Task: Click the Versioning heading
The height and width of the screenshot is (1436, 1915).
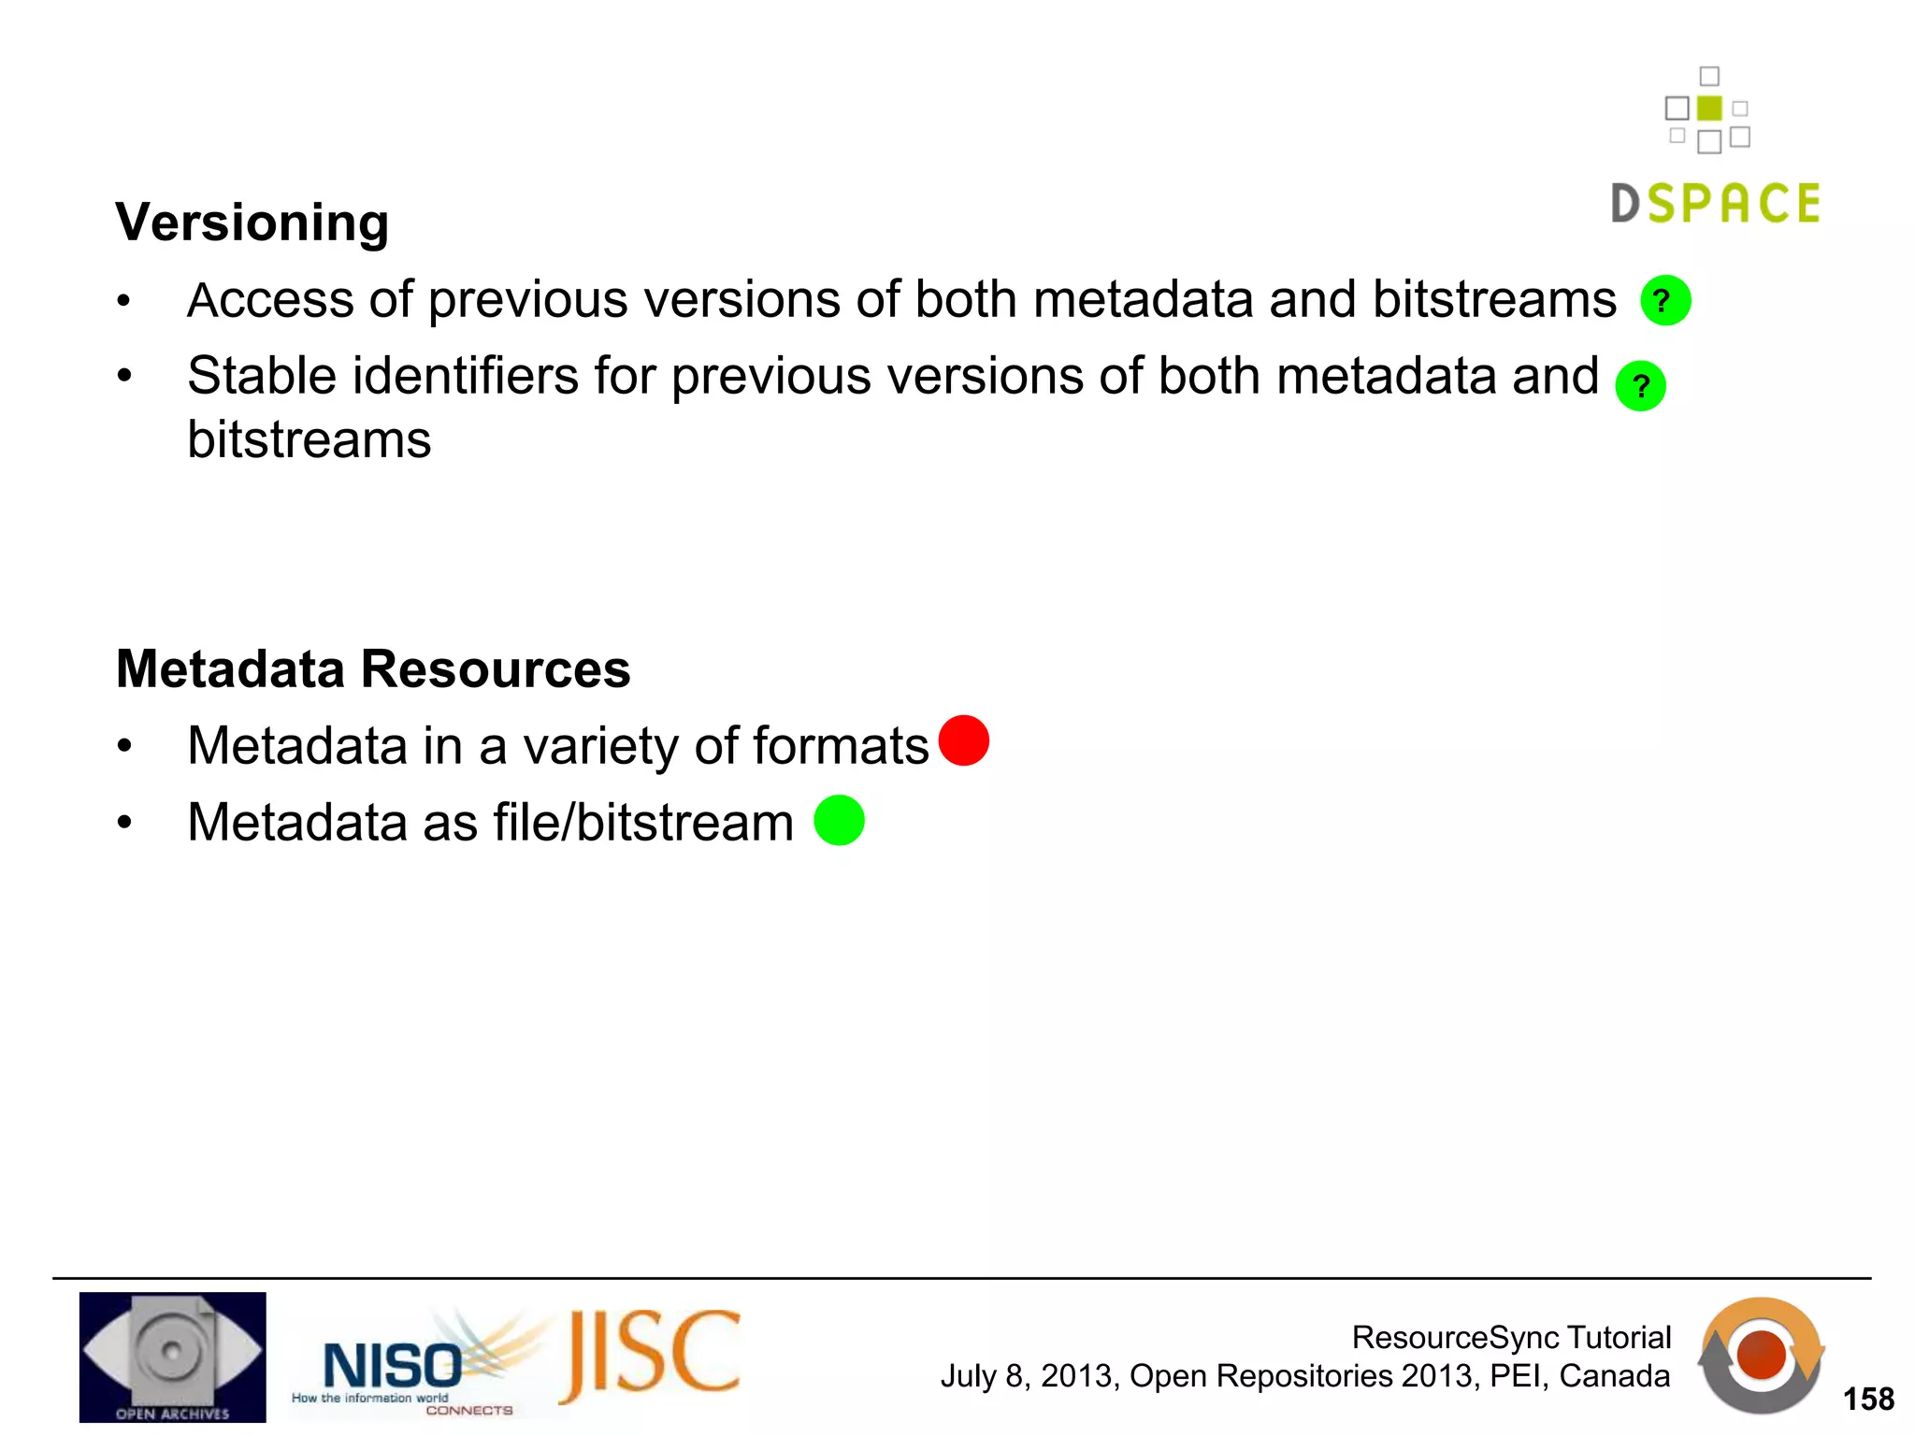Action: point(252,223)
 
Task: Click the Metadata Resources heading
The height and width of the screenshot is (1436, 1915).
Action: point(373,669)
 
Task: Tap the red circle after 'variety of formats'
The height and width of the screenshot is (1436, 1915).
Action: point(963,740)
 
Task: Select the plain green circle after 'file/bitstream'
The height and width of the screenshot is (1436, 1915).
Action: point(839,820)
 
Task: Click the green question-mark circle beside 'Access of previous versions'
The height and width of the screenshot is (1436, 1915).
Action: point(1665,300)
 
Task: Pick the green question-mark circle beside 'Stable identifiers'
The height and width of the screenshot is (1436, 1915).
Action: point(1640,385)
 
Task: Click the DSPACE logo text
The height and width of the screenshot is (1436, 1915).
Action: point(1716,204)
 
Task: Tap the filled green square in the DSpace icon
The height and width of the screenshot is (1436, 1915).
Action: point(1709,108)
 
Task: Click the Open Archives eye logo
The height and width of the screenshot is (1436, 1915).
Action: point(172,1357)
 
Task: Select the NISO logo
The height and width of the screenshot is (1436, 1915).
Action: point(393,1367)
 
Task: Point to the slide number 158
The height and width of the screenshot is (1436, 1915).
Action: point(1868,1399)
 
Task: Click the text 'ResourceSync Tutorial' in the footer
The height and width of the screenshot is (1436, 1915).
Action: point(1511,1337)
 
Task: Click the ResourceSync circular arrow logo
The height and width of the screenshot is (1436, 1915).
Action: point(1761,1355)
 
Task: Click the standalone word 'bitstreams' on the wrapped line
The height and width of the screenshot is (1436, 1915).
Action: point(309,439)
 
